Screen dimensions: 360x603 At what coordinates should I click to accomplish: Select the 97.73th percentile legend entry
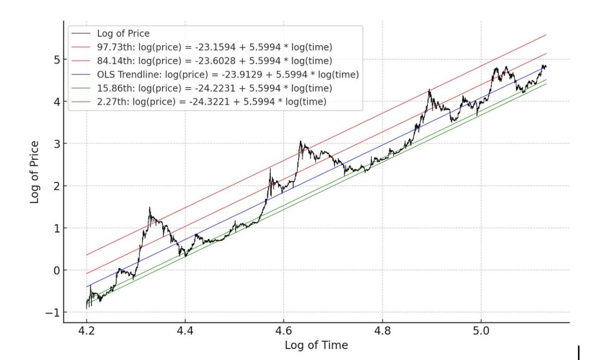pos(213,47)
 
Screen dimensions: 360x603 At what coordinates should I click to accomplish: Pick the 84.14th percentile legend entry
pos(213,61)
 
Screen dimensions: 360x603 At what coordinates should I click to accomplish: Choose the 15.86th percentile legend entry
pos(213,88)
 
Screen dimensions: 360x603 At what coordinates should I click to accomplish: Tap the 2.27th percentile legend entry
pos(211,102)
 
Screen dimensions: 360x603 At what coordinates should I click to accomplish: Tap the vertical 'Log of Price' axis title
pos(35,172)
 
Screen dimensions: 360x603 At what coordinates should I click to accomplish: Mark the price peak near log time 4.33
pos(149,207)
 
